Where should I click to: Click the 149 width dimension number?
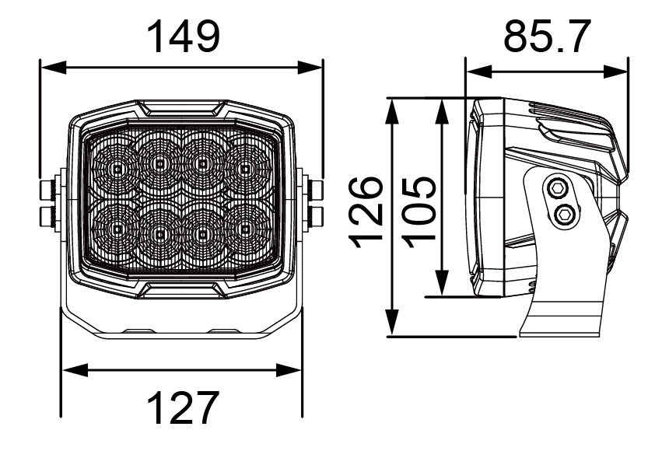[184, 37]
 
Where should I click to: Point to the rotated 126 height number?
[365, 212]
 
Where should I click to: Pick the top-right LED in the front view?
[245, 168]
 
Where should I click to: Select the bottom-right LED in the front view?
[245, 230]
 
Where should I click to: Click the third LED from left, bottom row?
[202, 232]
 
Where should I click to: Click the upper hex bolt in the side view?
[557, 187]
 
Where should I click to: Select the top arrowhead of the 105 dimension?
[443, 110]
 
